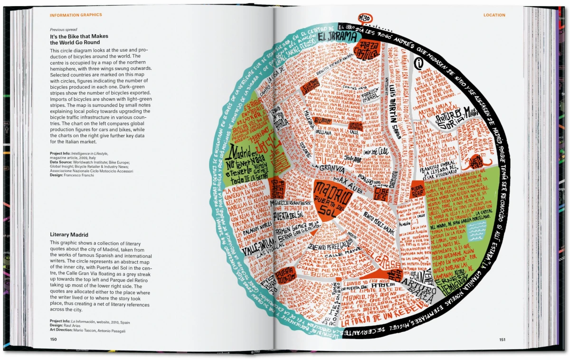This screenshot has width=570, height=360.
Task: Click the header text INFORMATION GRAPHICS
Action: [x=76, y=15]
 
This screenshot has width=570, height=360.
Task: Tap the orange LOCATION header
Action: [x=494, y=15]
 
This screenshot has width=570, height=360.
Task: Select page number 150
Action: [x=53, y=339]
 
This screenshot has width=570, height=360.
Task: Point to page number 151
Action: [x=502, y=339]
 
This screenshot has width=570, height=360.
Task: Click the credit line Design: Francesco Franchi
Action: [x=72, y=175]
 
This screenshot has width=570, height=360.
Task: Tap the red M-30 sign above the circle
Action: [x=364, y=18]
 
